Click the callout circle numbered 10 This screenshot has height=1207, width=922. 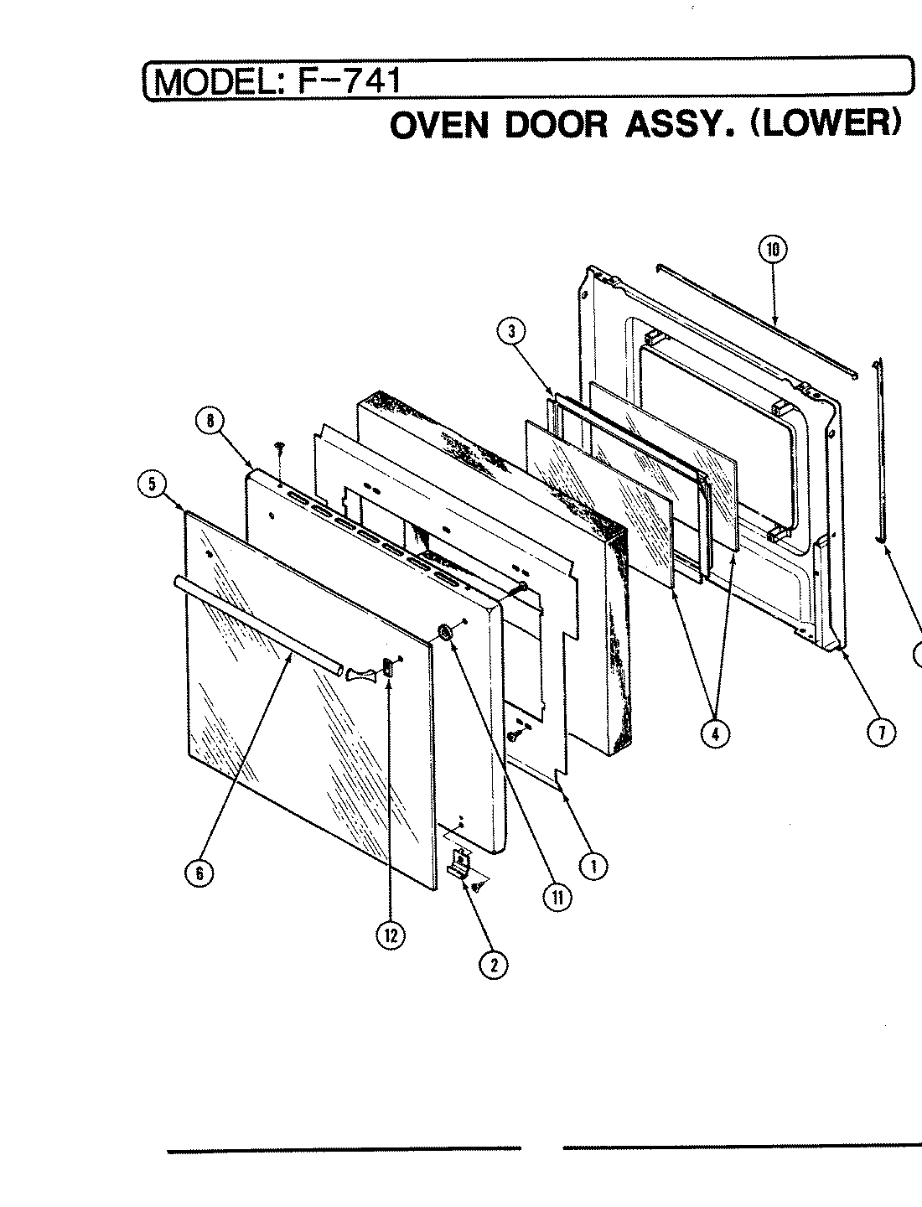[x=772, y=249]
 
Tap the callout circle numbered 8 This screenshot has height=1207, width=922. [x=210, y=422]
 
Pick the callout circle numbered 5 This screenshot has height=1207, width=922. [x=153, y=485]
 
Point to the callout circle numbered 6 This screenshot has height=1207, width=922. [x=199, y=873]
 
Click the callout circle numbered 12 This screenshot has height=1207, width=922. [x=390, y=935]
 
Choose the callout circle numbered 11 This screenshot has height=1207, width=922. [x=556, y=897]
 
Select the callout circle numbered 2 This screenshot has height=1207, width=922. [x=493, y=965]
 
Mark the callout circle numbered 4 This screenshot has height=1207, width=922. [x=715, y=733]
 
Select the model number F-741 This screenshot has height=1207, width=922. [x=344, y=80]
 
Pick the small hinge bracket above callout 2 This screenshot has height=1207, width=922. [x=459, y=863]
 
